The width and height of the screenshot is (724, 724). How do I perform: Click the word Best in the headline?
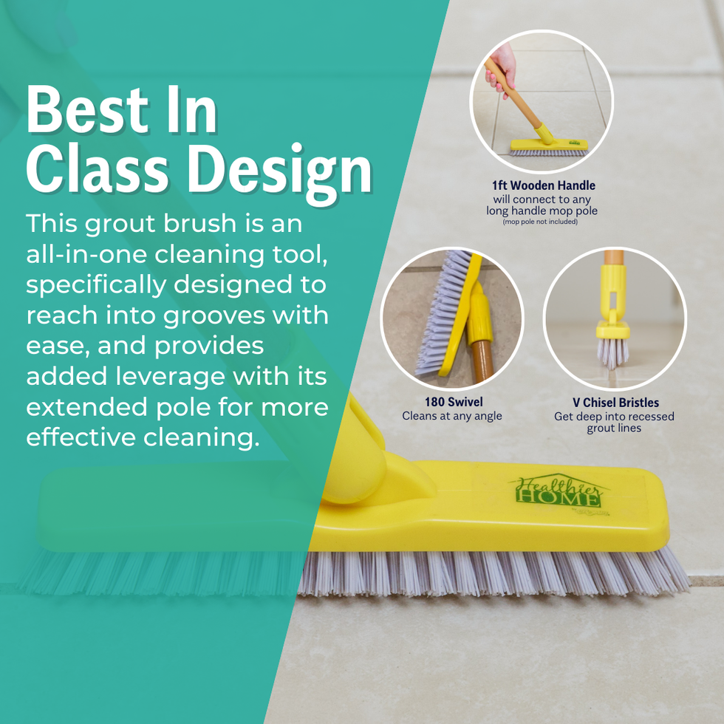coord(87,110)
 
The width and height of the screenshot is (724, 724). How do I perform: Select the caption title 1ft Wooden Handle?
coord(543,185)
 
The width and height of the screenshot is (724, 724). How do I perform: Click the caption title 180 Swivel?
coord(454,402)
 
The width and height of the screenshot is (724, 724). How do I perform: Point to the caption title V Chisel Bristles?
coord(615,402)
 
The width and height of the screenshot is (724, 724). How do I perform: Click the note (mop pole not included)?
coord(540,222)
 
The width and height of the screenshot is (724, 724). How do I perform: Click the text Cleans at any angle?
coord(451,416)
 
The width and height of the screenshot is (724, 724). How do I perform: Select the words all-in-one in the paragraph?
coord(86,254)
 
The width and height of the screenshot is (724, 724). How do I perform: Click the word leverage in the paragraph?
coord(170,377)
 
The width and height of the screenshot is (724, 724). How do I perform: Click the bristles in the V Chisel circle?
coord(612,353)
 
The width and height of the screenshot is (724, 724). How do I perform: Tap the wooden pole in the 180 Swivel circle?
coord(482,361)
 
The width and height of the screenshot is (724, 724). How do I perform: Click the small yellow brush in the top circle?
coord(548,147)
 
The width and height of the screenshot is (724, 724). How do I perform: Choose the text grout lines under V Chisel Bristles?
coord(614,428)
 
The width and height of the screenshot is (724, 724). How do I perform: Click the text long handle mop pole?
coord(542,211)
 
